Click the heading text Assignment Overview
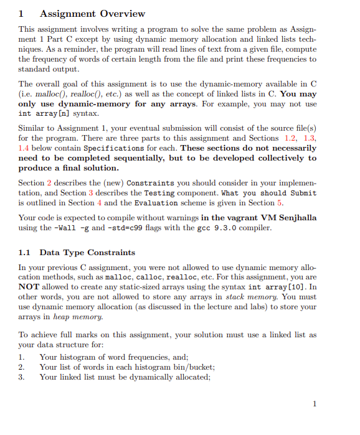(x=92, y=13)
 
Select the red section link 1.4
(x=25, y=148)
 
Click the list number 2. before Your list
(x=22, y=367)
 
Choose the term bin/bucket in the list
(x=190, y=367)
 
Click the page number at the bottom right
(x=315, y=404)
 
